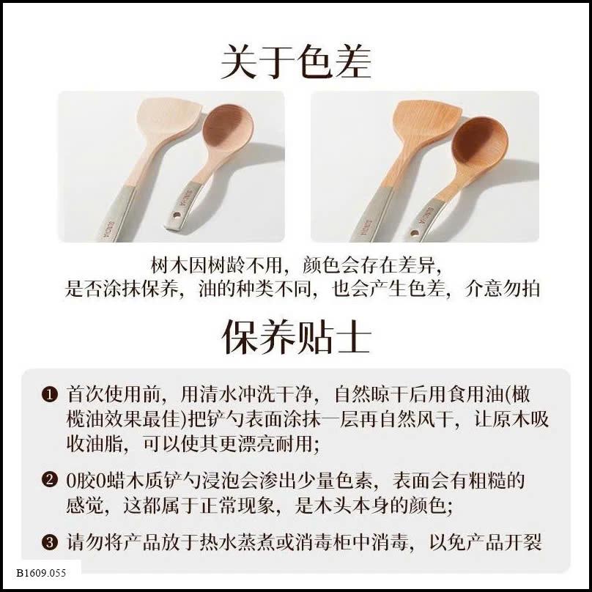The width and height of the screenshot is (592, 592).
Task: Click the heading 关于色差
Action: pos(295,62)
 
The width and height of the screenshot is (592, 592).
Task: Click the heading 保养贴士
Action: pos(296,337)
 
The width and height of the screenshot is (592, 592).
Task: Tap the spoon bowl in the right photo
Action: pos(479,142)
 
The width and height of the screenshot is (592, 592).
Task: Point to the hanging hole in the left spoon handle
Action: pos(177,216)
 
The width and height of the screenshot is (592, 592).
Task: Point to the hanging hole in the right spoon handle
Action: pos(414,233)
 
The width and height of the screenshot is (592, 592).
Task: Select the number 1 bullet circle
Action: pos(50,395)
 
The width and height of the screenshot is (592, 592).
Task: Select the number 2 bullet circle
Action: pos(50,480)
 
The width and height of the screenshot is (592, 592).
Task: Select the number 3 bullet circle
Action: pos(50,542)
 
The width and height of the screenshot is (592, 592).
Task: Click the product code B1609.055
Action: pos(41,573)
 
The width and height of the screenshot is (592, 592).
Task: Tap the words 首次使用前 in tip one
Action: pos(114,394)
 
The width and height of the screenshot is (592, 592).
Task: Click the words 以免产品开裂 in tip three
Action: pos(486,542)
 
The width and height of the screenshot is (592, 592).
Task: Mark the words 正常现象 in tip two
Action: pos(238,506)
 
